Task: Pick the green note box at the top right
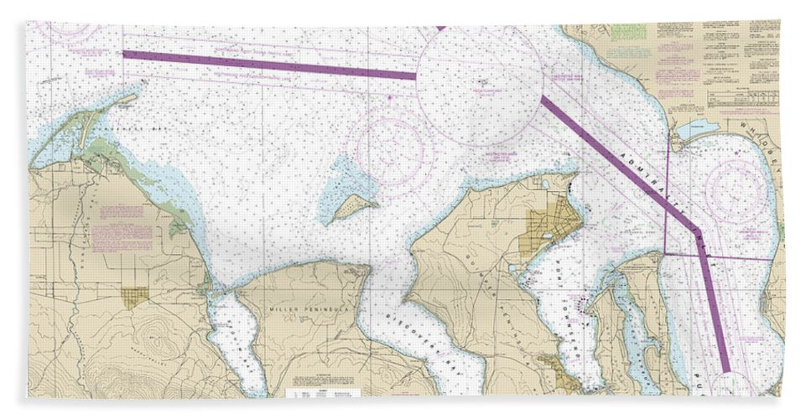(628, 33)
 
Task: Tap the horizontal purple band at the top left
(268, 65)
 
